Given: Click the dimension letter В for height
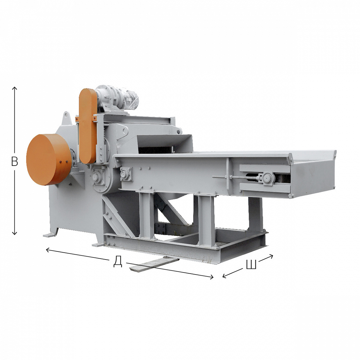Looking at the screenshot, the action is coord(15,161).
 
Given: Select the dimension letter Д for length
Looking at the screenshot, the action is coord(118,262).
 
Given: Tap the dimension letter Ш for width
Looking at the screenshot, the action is coord(251,264).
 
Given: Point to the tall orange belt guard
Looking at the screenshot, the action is coord(88,126).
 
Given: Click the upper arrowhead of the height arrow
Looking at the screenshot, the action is coord(15,88).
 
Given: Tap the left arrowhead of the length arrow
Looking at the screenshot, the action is coord(48,250).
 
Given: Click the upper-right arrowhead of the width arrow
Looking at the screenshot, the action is coord(271,256).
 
